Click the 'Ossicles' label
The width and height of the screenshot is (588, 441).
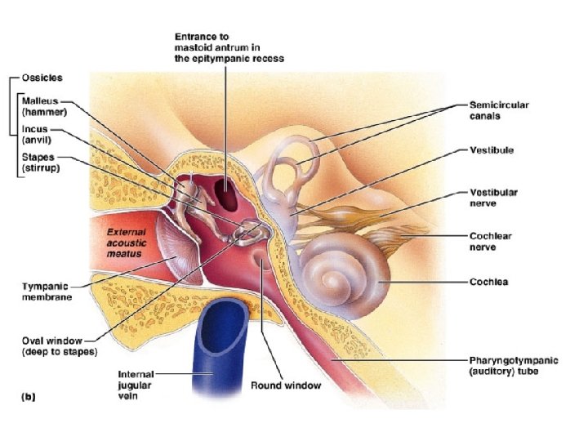coord(42,78)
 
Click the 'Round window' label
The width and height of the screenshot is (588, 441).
coord(286,385)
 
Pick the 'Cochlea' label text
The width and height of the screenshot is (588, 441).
coord(488,283)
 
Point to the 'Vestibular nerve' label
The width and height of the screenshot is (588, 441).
coord(493,197)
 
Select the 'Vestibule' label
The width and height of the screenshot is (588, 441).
coord(491,150)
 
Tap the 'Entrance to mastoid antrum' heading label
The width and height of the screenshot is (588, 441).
coord(229,47)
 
